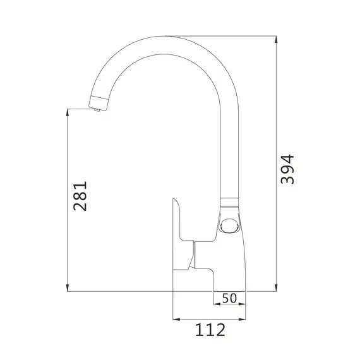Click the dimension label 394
pos(287,169)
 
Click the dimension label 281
pos(80,196)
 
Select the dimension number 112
pos(210,330)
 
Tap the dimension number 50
pos(229,298)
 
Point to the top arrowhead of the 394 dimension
pos(276,40)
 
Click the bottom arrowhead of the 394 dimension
pos(276,287)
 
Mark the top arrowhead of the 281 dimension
pos(68,112)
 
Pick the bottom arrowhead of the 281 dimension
pos(68,287)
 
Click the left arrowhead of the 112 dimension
pos(176,319)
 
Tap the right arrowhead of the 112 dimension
pos(242,319)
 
